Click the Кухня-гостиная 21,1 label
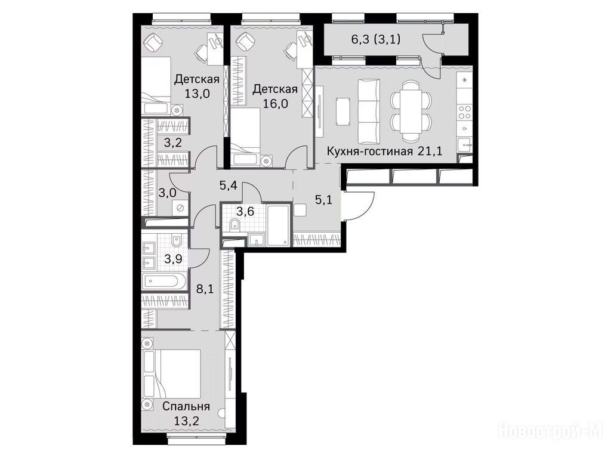[x=384, y=151]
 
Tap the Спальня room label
[x=186, y=407]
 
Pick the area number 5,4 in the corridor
[x=229, y=186]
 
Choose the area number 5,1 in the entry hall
[x=323, y=200]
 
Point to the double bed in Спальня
[x=171, y=374]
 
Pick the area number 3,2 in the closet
[x=172, y=143]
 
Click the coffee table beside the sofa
[x=343, y=112]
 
